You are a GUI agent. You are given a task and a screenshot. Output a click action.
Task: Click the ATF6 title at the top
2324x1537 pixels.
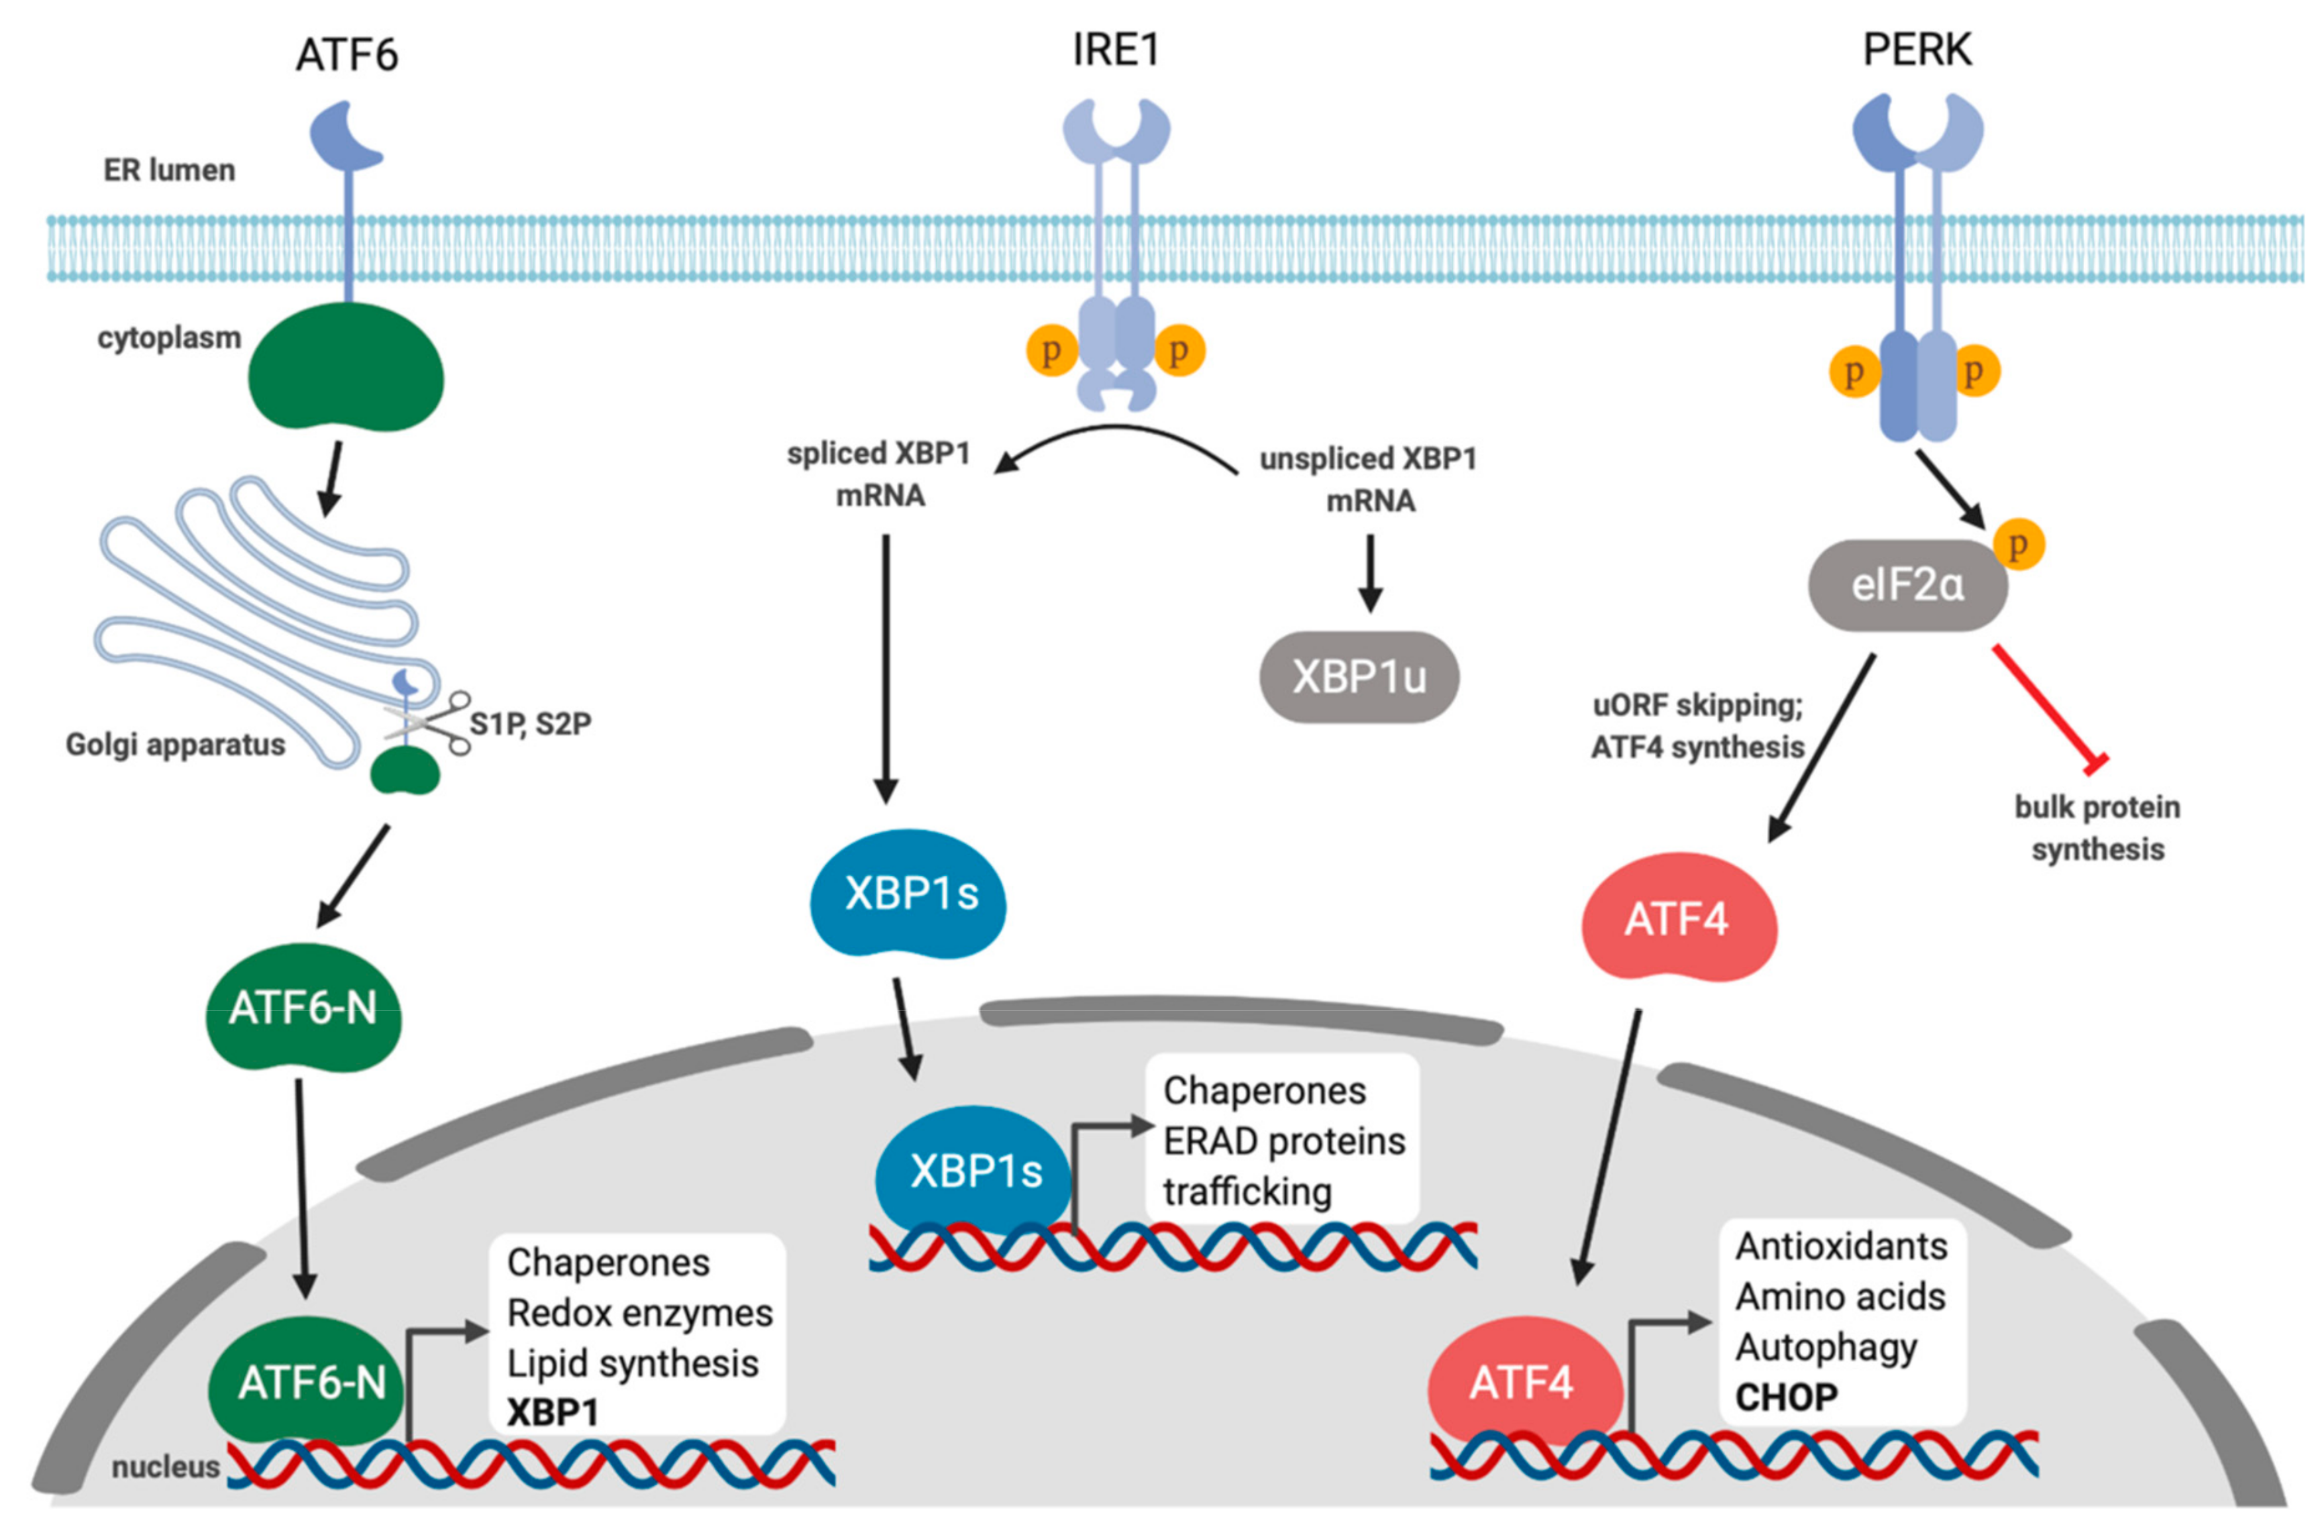coord(347,55)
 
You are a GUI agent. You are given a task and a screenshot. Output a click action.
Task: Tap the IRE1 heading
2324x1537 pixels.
coord(1116,49)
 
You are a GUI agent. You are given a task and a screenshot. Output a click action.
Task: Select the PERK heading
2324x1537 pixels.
coord(1917,49)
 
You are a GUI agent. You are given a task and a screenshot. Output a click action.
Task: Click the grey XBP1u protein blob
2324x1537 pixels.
coord(1359,677)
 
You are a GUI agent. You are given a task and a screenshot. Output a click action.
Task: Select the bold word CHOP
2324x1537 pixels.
coord(1786,1397)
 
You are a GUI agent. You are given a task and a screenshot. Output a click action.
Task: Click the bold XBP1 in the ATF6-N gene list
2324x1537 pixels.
coord(552,1412)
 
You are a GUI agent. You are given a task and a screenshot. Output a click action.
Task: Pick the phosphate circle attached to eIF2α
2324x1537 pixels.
coord(2018,545)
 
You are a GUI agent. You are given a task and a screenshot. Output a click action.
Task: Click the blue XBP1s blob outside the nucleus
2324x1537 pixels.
coord(910,894)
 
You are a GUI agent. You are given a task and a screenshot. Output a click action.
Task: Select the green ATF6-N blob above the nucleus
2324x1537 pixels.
coord(303,1008)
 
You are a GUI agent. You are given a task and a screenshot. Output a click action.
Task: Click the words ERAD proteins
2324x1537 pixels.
coord(1283,1141)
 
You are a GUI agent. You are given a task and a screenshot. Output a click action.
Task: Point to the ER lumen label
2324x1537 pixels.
coord(170,170)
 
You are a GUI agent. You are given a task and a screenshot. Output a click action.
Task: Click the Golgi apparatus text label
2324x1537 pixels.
coord(176,745)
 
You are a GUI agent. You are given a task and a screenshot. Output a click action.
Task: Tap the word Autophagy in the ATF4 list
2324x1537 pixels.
coord(1826,1348)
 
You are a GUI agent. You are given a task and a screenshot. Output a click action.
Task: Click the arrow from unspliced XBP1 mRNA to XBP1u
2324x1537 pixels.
coord(1369,574)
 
